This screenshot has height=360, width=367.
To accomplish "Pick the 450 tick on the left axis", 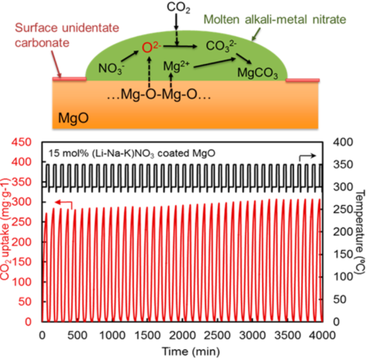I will (x=27, y=142).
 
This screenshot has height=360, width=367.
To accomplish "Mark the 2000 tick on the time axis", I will (x=182, y=335).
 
